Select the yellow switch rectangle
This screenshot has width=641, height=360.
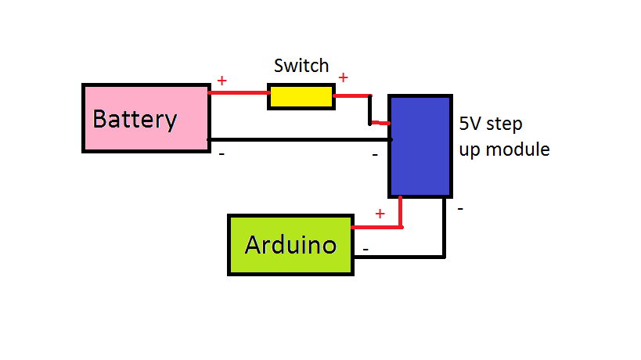pos(301,96)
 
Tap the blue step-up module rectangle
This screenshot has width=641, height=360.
pos(420,146)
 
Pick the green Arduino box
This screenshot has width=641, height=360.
pos(290,245)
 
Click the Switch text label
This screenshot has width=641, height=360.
pos(301,66)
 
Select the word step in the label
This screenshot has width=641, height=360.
pos(506,124)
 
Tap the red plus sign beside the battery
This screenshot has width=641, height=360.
pos(221,81)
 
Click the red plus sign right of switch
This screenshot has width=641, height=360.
pos(343,77)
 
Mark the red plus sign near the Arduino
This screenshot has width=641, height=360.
pos(380,214)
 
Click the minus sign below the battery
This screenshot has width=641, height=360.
pos(221,154)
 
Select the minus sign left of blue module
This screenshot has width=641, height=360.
pos(375,155)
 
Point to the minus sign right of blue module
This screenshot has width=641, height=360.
pos(460,209)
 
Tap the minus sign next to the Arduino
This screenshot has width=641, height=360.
pos(365,250)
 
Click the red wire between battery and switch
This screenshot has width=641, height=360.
pos(239,93)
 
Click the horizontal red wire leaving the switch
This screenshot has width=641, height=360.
pos(351,96)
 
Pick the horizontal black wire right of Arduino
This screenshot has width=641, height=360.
pos(398,256)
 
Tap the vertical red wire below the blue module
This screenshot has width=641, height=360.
pos(401,211)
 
